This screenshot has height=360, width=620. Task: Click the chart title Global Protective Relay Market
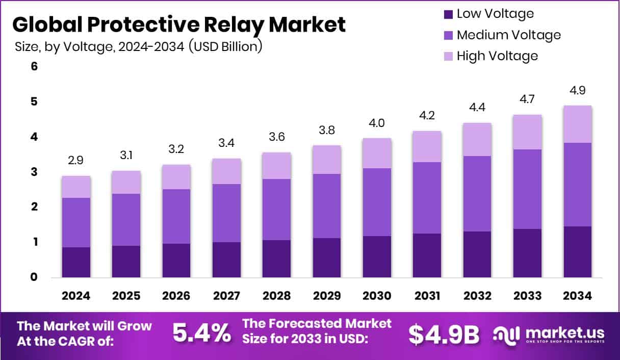click(x=178, y=24)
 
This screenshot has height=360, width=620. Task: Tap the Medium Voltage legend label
click(x=508, y=35)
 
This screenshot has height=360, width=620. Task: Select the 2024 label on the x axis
click(x=76, y=296)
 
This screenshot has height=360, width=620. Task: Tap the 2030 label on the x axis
click(x=377, y=296)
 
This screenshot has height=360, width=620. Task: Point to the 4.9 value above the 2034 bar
click(x=577, y=91)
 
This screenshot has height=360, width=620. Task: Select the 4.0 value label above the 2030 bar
click(x=377, y=123)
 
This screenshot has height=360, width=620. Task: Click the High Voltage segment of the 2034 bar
click(x=577, y=124)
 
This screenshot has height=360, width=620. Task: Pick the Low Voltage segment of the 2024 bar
click(x=76, y=262)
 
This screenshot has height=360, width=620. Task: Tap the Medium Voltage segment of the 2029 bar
click(x=327, y=206)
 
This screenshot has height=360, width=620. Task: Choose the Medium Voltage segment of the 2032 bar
click(x=477, y=194)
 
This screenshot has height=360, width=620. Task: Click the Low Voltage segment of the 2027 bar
click(x=226, y=260)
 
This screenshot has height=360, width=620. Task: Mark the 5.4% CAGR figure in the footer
click(x=201, y=333)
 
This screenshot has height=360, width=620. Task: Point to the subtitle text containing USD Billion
click(x=139, y=47)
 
